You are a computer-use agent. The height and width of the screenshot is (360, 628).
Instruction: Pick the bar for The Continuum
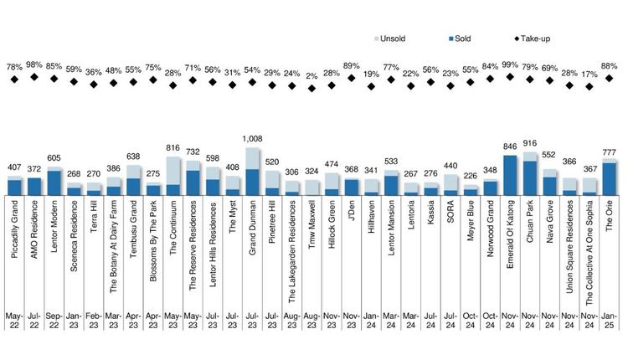tap(173, 177)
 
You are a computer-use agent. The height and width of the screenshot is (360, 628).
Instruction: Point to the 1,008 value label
tap(252, 140)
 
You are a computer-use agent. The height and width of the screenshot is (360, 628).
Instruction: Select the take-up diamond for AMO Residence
tap(34, 77)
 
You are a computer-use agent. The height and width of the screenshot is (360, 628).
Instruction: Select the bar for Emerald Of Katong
tap(510, 175)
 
